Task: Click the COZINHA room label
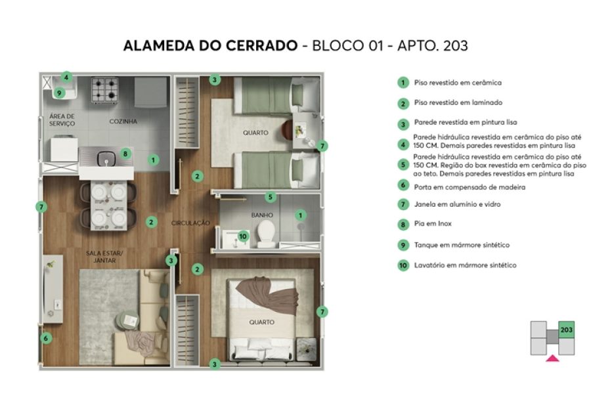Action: pos(123,121)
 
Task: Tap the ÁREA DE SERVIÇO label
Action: pos(62,120)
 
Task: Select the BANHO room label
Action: pos(262,215)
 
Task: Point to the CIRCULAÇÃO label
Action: pos(190,223)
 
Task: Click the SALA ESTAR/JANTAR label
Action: pos(100,256)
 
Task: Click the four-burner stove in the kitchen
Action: pos(104,89)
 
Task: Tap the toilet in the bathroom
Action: pos(267,232)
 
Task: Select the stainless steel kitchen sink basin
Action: pos(104,158)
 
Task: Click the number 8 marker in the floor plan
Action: pos(125,154)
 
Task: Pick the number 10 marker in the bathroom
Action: pos(242,236)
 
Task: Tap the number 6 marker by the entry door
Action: pos(45,338)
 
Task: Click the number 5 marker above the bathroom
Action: pos(270,196)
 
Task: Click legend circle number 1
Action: pos(403,83)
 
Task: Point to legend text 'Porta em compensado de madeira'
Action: pos(460,187)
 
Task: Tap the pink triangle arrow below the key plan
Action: pos(553,359)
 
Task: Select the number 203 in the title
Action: pos(455,46)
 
